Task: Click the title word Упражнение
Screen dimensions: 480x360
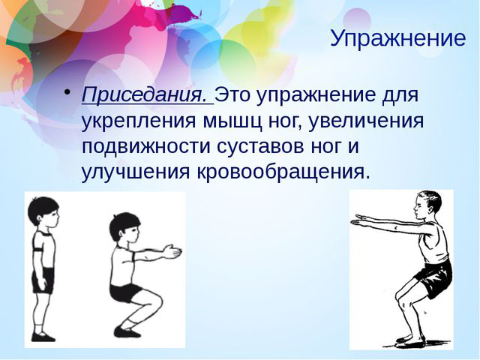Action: (x=398, y=39)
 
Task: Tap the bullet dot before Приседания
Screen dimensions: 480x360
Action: (x=67, y=92)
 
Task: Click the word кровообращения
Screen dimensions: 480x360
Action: (x=280, y=172)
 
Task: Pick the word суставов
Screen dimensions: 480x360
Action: (x=260, y=146)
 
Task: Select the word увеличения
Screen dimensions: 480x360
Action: (x=366, y=121)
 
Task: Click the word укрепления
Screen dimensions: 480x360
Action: (x=138, y=121)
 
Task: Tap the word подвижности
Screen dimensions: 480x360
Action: (x=146, y=147)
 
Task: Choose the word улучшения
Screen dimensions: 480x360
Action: (x=136, y=172)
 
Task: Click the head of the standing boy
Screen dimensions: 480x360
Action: (x=43, y=212)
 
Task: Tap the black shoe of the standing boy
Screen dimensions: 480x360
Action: (x=43, y=337)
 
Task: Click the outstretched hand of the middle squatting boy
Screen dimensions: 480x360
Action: (x=172, y=252)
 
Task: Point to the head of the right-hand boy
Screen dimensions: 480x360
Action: (x=427, y=205)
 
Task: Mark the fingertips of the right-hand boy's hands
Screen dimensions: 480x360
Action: (x=353, y=223)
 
